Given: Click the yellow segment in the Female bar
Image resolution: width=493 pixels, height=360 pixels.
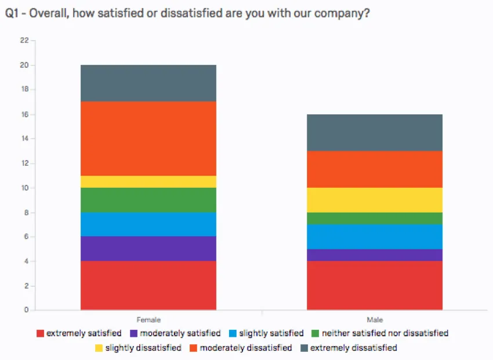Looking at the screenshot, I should pyautogui.click(x=148, y=181).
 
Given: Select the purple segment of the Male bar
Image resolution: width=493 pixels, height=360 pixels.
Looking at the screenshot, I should pyautogui.click(x=374, y=254).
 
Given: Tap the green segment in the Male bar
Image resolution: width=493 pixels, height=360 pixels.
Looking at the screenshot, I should pyautogui.click(x=374, y=218).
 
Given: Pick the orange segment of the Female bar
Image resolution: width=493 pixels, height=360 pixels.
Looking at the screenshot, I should pyautogui.click(x=148, y=139).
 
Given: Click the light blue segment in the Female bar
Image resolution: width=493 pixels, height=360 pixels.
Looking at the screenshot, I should pyautogui.click(x=148, y=224).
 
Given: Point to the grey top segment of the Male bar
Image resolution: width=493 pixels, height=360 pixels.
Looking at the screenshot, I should pyautogui.click(x=374, y=132).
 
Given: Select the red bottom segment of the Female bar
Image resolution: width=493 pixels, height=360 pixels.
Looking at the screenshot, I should pyautogui.click(x=148, y=285).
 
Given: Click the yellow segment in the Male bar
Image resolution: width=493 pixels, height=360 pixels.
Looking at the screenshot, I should pyautogui.click(x=374, y=200).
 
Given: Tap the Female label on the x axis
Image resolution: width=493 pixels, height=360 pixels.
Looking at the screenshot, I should pyautogui.click(x=148, y=319).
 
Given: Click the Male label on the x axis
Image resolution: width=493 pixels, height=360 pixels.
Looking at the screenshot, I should pyautogui.click(x=375, y=319).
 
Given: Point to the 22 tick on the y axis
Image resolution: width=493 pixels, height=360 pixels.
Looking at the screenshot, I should pyautogui.click(x=24, y=41).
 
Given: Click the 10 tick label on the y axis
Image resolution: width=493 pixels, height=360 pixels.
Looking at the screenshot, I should pyautogui.click(x=24, y=188).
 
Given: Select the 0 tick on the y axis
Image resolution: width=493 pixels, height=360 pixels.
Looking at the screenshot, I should pyautogui.click(x=26, y=310).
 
